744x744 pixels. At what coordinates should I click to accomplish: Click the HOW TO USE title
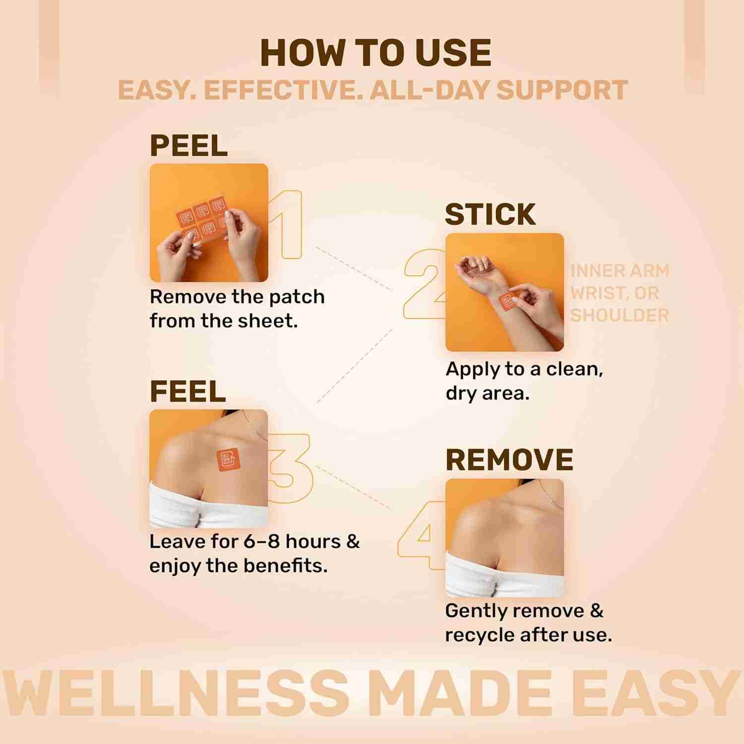[x=375, y=53]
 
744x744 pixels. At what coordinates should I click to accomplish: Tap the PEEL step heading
[x=188, y=146]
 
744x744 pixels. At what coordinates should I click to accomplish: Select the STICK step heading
[x=490, y=214]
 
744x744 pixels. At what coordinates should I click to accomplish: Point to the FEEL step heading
[x=187, y=392]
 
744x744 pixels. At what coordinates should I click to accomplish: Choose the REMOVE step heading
[x=509, y=460]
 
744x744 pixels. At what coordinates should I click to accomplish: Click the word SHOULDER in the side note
[x=620, y=315]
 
